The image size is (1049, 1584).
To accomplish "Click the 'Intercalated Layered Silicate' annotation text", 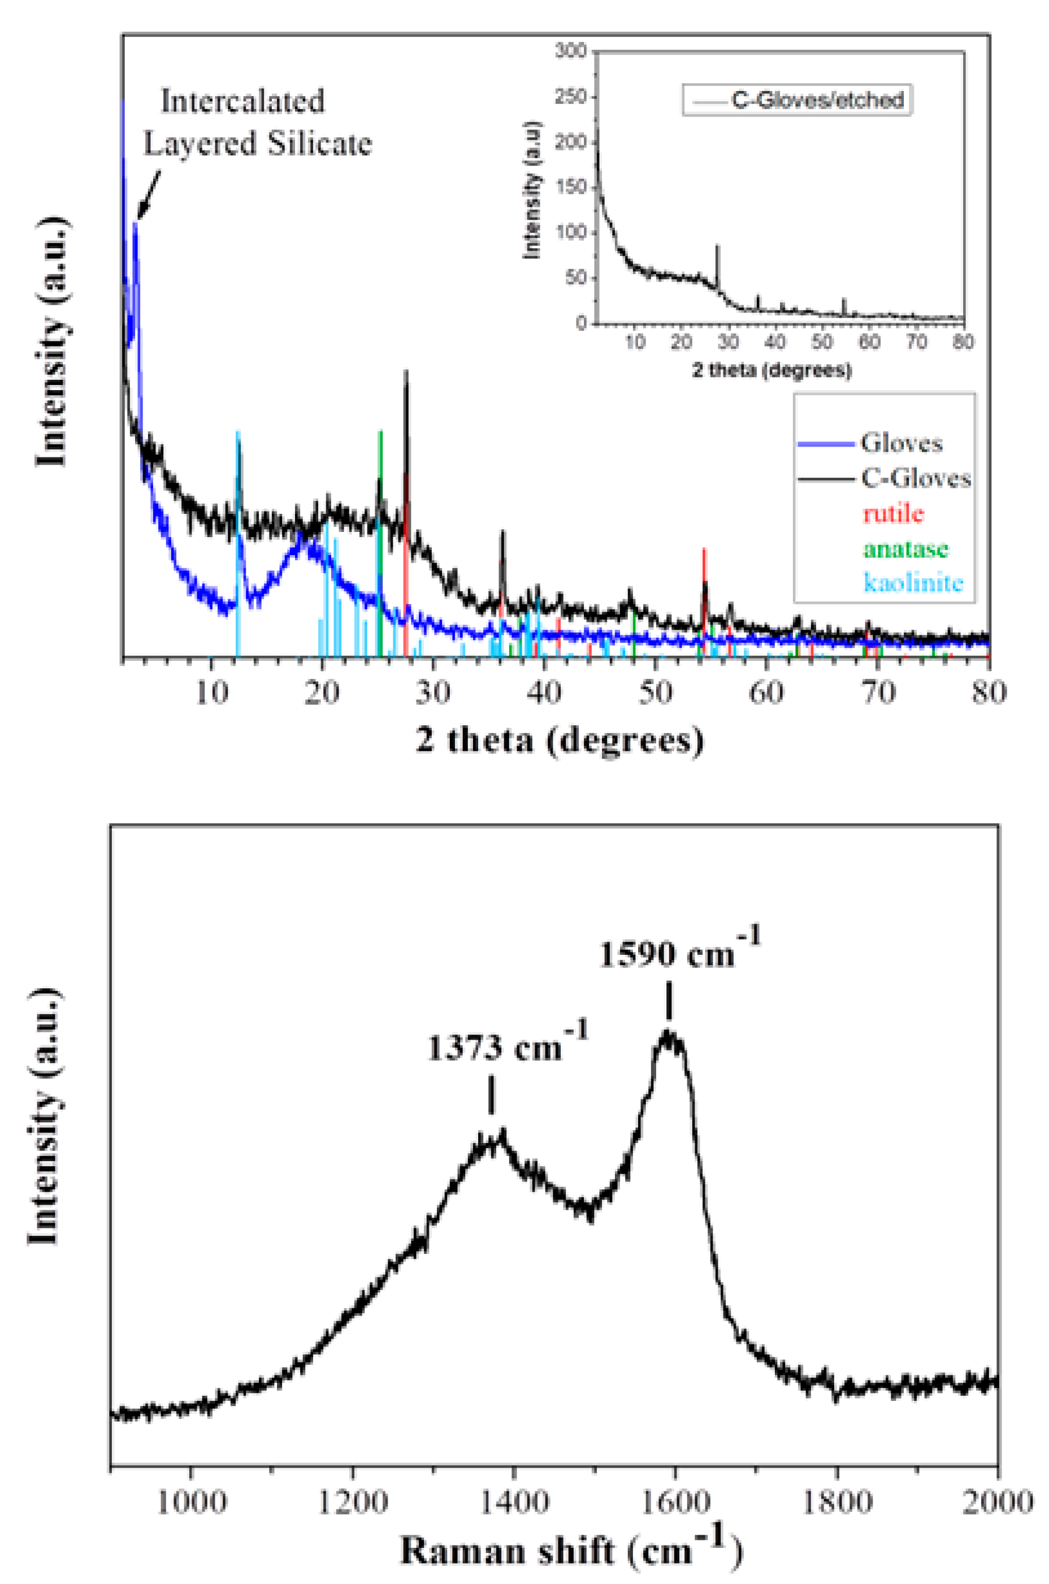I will click(x=258, y=123).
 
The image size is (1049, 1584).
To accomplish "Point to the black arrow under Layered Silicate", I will click(x=149, y=194).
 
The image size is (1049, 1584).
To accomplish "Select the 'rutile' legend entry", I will click(x=893, y=513).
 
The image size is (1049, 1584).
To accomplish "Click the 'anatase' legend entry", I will click(x=905, y=548).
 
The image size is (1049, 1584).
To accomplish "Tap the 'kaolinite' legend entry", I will click(x=913, y=582).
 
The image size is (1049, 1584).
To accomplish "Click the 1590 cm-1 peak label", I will click(x=679, y=953).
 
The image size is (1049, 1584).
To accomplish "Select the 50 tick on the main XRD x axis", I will click(x=655, y=692).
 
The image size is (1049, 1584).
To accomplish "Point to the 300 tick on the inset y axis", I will click(x=571, y=51).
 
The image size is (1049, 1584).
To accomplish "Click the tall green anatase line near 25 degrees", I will click(x=380, y=535).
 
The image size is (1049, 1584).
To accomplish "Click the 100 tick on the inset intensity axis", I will click(x=571, y=232).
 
